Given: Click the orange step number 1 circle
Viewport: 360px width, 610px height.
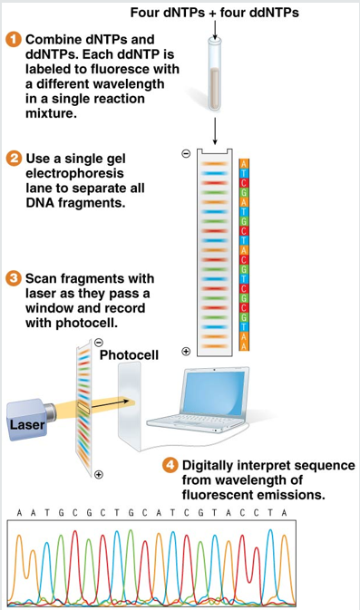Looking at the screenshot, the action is (14, 40).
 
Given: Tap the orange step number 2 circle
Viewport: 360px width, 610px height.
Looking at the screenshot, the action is (14, 159).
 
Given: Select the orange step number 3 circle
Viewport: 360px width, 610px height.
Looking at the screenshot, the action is (14, 278).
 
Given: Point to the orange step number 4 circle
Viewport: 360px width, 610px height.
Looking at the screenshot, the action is (170, 465).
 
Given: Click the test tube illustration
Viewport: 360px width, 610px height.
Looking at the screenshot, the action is (214, 75).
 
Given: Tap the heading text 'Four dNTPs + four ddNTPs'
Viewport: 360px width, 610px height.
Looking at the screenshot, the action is (214, 13).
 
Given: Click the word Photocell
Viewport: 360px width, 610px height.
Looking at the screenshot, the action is (129, 354).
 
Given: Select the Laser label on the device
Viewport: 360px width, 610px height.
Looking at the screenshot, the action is (27, 424).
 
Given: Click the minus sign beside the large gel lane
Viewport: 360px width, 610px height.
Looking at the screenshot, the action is (187, 154).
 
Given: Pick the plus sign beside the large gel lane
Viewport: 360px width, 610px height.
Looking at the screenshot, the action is (186, 352).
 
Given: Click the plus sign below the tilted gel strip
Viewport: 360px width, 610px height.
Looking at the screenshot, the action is (99, 475).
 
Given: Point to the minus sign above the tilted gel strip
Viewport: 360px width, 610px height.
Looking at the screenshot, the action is (99, 343).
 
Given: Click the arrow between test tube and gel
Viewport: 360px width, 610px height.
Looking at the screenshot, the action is (214, 131).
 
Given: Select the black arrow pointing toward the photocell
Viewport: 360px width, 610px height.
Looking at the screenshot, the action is (110, 404).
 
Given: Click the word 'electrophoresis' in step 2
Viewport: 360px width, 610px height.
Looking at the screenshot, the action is (74, 173).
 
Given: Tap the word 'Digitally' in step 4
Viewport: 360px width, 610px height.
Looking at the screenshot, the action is (208, 466).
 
